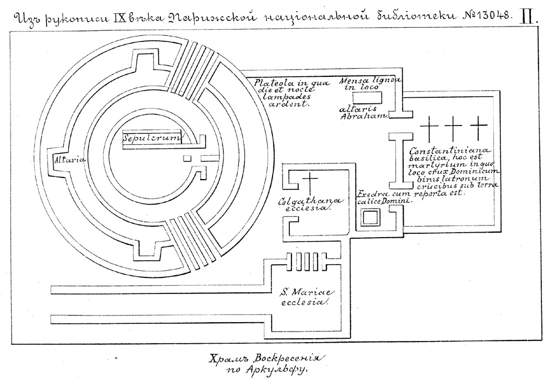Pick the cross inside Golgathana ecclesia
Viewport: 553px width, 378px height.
(310, 183)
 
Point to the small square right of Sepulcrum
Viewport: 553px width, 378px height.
(187, 159)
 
